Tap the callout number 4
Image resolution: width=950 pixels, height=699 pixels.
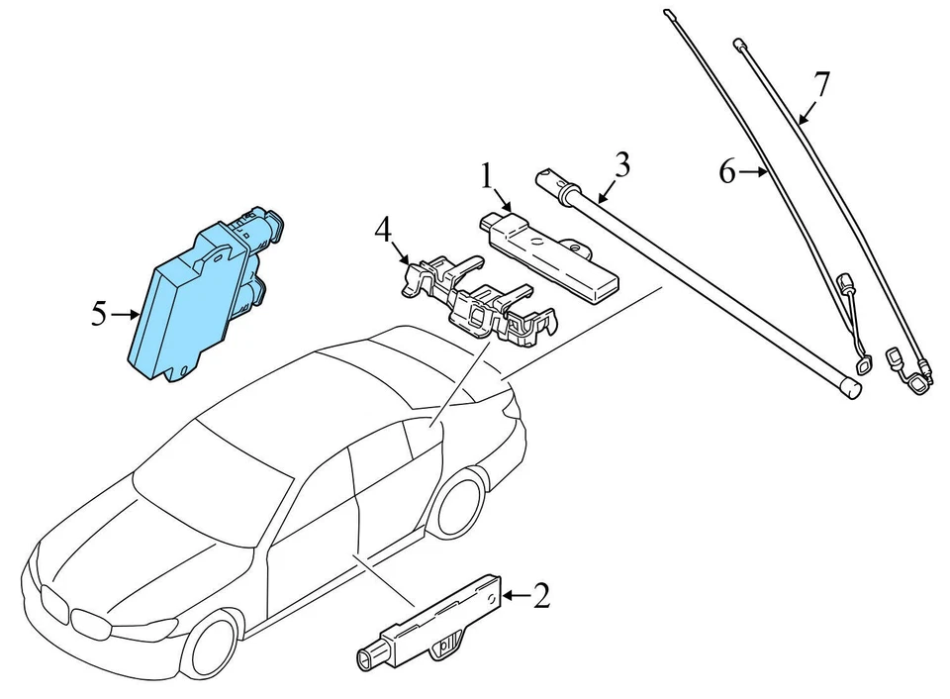[x=382, y=232]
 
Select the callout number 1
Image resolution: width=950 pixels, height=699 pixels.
[x=486, y=177]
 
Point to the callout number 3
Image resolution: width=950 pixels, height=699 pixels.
[x=620, y=164]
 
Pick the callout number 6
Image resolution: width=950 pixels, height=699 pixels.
[x=727, y=172]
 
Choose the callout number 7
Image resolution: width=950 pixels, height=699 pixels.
[x=820, y=84]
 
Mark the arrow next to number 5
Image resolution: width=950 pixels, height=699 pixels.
[x=126, y=315]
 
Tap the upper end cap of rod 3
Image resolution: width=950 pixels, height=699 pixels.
[x=547, y=178]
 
